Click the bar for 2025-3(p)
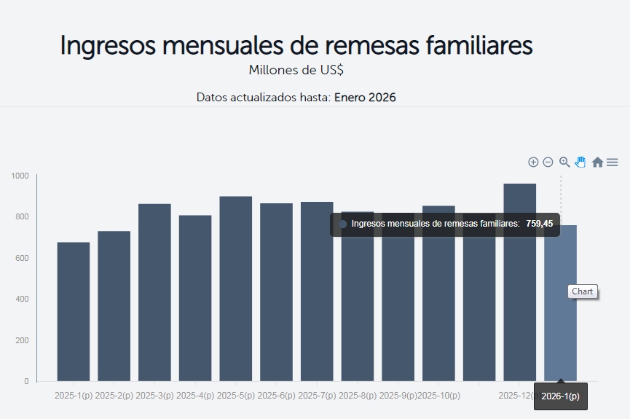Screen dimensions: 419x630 154,292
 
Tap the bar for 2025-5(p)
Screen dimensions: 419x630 236,289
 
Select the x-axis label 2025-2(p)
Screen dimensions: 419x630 114,396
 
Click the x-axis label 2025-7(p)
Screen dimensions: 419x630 318,396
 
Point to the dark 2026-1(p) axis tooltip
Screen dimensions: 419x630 560,396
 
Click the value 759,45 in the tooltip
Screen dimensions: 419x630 539,224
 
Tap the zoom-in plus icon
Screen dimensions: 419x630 533,162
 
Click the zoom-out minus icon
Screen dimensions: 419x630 548,162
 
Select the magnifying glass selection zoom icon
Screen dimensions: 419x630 564,162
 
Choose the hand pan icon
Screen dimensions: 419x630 580,162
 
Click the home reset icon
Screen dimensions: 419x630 597,162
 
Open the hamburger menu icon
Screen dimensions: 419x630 613,162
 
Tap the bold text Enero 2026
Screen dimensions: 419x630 365,97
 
